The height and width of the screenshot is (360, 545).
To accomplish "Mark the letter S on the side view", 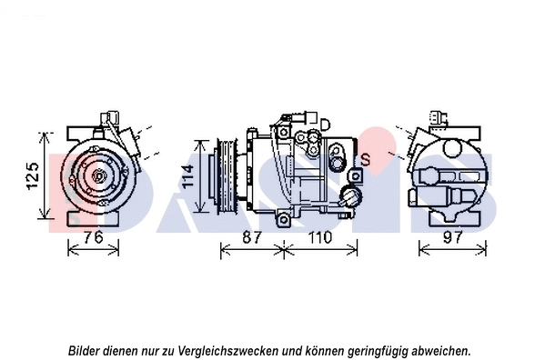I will click(x=365, y=160).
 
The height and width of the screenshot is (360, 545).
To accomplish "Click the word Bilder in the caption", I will click(x=86, y=349).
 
